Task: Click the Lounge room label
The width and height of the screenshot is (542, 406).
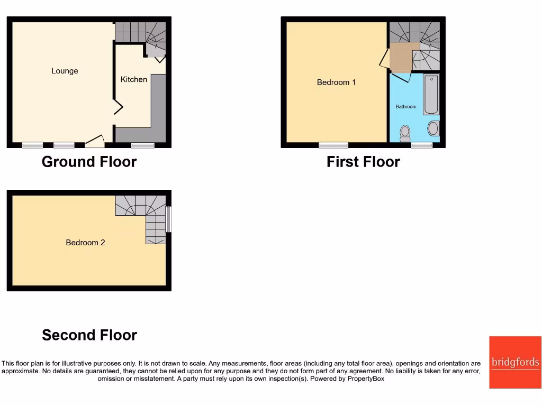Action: pyautogui.click(x=65, y=71)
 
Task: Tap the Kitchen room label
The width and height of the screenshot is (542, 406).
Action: pyautogui.click(x=134, y=79)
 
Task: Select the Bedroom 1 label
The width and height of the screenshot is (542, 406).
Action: pyautogui.click(x=336, y=82)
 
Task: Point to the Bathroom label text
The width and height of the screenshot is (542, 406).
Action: pyautogui.click(x=406, y=106)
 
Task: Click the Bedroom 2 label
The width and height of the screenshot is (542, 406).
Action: pyautogui.click(x=85, y=243)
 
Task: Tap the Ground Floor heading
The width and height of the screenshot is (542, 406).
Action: pyautogui.click(x=89, y=162)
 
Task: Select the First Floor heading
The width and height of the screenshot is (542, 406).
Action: pyautogui.click(x=363, y=162)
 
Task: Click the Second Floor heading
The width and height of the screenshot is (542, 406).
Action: pyautogui.click(x=89, y=335)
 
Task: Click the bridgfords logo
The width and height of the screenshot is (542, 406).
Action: pyautogui.click(x=515, y=363)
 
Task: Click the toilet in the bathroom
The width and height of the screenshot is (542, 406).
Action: pyautogui.click(x=405, y=133)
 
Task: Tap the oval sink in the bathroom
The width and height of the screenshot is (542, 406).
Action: pyautogui.click(x=433, y=128)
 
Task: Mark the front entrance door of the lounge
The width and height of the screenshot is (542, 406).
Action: pyautogui.click(x=95, y=141)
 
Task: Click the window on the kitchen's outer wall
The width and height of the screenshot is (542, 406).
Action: pyautogui.click(x=143, y=145)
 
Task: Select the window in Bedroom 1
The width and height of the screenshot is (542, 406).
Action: pyautogui.click(x=333, y=145)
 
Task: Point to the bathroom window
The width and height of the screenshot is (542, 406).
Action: pyautogui.click(x=422, y=145)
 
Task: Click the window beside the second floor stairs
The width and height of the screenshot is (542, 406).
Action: pyautogui.click(x=168, y=219)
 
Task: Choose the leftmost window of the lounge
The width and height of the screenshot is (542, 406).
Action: pyautogui.click(x=32, y=145)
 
